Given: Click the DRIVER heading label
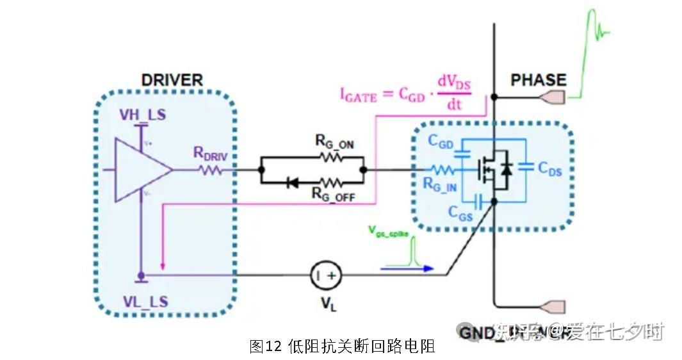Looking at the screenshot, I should point(171,80).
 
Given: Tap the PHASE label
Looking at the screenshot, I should point(538,80).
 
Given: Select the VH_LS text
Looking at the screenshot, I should point(142,115).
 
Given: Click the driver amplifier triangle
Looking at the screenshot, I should point(142,170).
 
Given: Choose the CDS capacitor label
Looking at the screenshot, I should point(550,169).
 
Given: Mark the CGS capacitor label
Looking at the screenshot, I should point(460,213).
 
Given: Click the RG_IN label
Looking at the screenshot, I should point(441,186).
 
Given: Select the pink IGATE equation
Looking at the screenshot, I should point(403,94).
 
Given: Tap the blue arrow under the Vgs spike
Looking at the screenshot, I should point(407,268).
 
